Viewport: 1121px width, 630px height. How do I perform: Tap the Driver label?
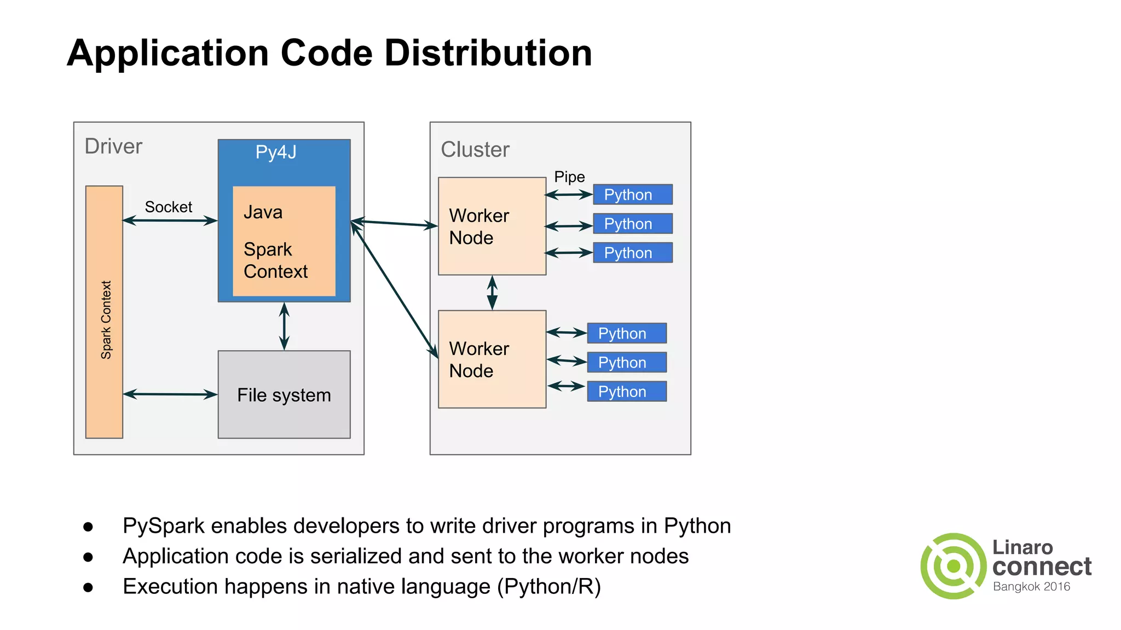[113, 147]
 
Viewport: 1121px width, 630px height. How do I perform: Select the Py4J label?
[276, 152]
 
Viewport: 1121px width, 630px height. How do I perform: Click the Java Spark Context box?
[284, 241]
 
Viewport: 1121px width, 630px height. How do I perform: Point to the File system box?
[284, 395]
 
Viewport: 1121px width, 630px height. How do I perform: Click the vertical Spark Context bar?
[105, 312]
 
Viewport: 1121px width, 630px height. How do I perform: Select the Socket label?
[168, 207]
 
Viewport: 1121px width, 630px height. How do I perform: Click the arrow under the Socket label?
[170, 220]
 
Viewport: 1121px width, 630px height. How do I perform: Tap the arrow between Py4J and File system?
[284, 326]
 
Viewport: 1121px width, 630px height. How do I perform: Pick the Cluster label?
[475, 149]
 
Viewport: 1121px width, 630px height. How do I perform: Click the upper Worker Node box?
[492, 226]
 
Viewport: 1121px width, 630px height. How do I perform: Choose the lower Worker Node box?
[492, 359]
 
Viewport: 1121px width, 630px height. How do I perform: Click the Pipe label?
[569, 177]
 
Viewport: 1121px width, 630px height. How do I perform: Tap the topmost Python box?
[632, 195]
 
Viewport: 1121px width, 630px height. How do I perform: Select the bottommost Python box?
[627, 392]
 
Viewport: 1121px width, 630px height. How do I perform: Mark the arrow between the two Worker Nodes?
[492, 293]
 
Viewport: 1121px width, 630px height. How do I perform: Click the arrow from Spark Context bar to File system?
[170, 394]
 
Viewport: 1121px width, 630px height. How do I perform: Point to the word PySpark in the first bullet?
[164, 526]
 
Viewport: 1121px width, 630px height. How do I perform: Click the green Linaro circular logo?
[954, 566]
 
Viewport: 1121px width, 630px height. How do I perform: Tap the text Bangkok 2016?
[1031, 587]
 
